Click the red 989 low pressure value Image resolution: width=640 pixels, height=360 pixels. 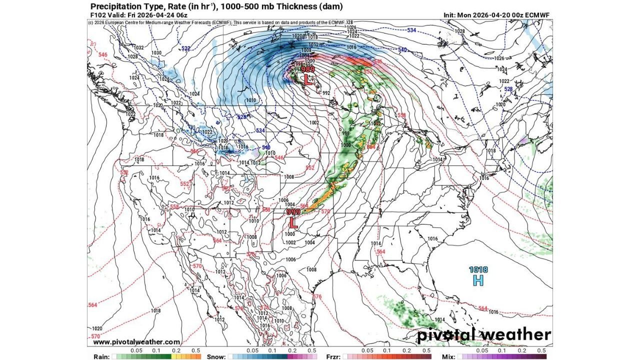[x=308, y=69]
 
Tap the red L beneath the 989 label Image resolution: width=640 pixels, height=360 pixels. [x=308, y=79]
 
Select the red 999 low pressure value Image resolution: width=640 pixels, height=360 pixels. [x=293, y=212]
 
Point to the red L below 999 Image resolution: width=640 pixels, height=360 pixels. [x=293, y=223]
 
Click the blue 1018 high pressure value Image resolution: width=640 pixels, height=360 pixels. [x=478, y=270]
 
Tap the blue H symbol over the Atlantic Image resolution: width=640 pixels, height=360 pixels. [x=478, y=280]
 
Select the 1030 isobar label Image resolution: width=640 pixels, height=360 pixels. [x=156, y=53]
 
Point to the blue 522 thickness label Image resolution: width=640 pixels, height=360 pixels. [x=186, y=48]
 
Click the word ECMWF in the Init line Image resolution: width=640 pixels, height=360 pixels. [x=537, y=15]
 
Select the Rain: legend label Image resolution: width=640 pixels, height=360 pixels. [x=101, y=356]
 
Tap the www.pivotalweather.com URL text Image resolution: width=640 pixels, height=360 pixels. [x=136, y=342]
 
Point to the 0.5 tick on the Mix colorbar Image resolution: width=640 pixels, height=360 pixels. [x=541, y=351]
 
